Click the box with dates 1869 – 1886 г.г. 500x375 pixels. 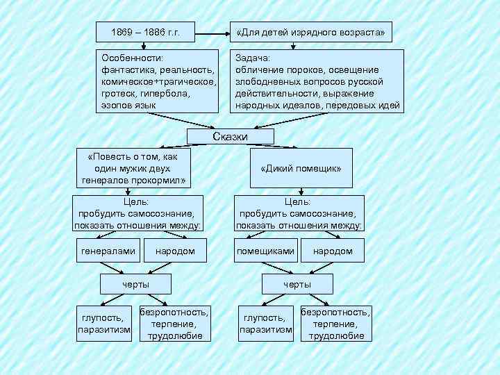144,32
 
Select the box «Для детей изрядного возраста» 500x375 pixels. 310,32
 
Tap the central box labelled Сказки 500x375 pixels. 230,137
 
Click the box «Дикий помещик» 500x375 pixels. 301,169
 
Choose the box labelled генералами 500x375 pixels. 108,251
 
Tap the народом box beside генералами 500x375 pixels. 175,251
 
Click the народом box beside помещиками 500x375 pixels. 333,251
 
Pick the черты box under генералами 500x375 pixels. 135,284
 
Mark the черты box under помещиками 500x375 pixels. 297,284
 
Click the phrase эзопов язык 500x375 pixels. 128,105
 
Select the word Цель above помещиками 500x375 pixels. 299,202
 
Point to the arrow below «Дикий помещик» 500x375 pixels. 299,191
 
